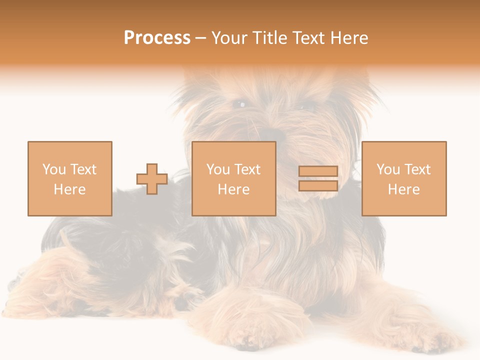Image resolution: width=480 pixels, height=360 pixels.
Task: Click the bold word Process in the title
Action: [157, 38]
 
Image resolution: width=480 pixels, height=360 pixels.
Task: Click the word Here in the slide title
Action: [350, 38]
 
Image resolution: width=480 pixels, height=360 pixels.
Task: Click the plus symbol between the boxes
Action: [152, 179]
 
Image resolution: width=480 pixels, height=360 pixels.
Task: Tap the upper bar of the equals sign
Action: [318, 171]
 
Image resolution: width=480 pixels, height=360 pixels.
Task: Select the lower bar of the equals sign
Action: [318, 185]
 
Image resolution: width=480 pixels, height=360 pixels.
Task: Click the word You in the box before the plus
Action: [54, 169]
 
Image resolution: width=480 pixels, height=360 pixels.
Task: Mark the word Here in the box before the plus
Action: [69, 189]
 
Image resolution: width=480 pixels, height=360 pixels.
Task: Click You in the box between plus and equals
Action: [218, 169]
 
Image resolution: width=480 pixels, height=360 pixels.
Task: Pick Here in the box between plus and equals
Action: [233, 189]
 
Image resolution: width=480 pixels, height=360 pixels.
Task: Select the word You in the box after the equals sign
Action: [388, 169]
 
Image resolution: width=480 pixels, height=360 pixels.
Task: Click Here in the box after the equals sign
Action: [403, 189]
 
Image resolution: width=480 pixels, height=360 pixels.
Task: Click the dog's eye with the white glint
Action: [241, 104]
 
